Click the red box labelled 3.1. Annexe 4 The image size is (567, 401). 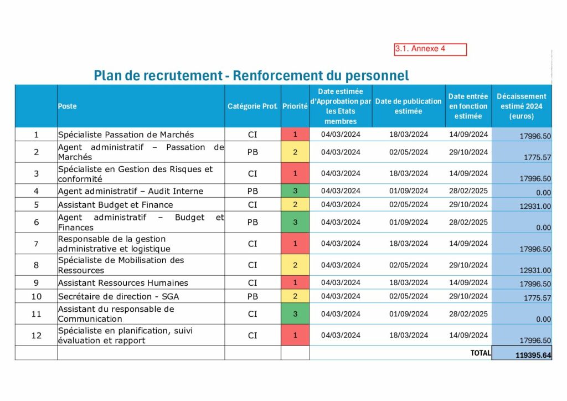[x=430, y=49]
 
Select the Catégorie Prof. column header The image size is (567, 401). [x=252, y=106]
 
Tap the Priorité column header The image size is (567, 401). [x=295, y=106]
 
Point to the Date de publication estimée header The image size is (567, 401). [x=409, y=106]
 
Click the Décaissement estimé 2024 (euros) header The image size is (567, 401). [x=521, y=106]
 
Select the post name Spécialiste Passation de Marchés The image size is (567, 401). [x=126, y=135]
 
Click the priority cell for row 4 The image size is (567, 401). [x=295, y=191]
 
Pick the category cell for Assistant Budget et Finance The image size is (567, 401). [x=252, y=204]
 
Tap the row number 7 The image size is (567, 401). [x=37, y=244]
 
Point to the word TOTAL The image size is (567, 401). [x=480, y=353]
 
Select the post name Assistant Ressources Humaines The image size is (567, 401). [x=123, y=283]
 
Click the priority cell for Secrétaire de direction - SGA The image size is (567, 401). [x=295, y=296]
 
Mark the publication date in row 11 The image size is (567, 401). [x=409, y=314]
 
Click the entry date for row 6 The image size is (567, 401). [x=468, y=223]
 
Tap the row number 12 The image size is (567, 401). [x=37, y=336]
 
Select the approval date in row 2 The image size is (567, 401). [x=341, y=152]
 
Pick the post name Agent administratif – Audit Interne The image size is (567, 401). [x=131, y=191]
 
